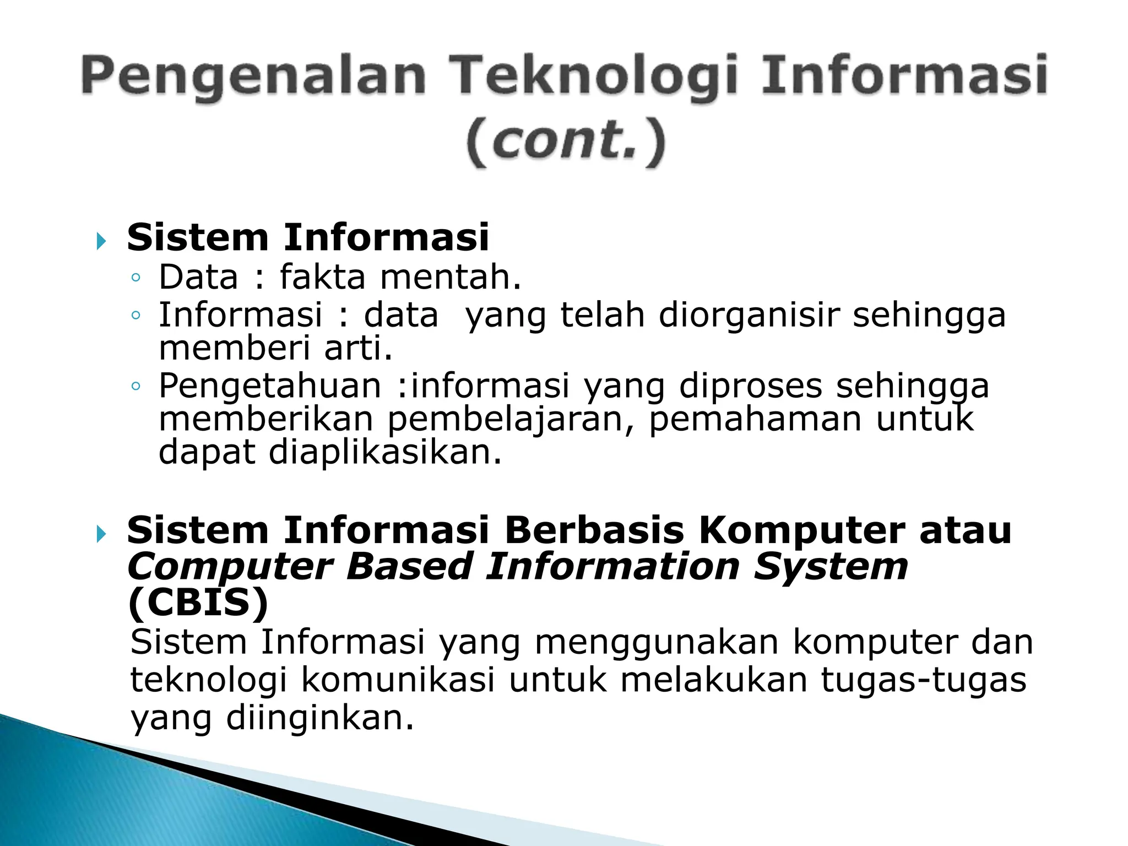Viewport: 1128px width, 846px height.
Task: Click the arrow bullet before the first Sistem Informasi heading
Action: click(x=100, y=241)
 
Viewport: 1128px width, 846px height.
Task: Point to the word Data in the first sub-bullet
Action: click(x=198, y=276)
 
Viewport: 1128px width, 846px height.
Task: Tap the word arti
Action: click(x=359, y=348)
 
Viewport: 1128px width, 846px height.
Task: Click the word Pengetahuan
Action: click(x=270, y=386)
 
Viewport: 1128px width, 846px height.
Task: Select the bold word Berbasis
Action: click(x=594, y=530)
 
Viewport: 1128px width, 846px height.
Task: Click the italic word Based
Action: click(x=410, y=567)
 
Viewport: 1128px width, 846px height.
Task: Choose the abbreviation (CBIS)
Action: click(x=198, y=603)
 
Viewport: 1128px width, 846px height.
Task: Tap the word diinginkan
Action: click(x=319, y=718)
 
